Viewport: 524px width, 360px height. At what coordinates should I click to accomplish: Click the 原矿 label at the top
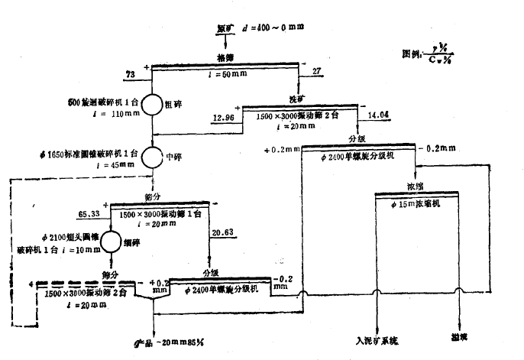(225, 28)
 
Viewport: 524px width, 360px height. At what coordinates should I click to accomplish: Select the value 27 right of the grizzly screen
(317, 71)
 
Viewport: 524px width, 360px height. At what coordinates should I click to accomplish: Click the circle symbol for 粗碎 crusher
(153, 105)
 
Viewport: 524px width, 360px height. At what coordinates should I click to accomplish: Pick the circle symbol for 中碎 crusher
(153, 156)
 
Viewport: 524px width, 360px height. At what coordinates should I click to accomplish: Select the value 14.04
(379, 115)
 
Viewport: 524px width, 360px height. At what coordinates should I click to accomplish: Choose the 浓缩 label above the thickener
(416, 186)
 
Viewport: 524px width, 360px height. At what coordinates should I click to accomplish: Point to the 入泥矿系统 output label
(377, 339)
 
